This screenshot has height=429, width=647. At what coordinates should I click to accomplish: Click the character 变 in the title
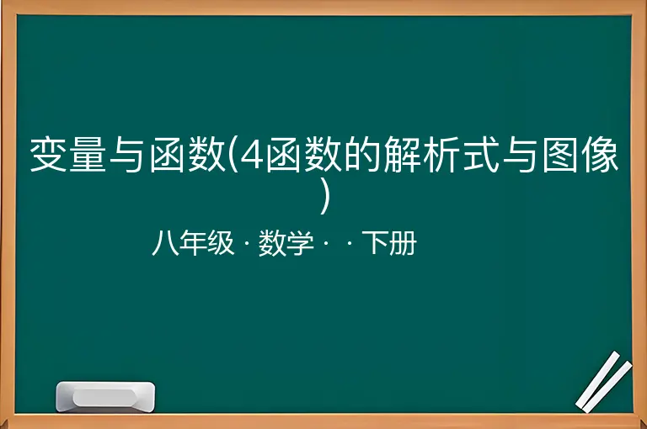pyautogui.click(x=49, y=155)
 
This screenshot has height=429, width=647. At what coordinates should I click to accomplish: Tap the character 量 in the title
pyautogui.click(x=88, y=155)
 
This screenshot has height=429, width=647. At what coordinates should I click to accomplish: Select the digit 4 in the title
pyautogui.click(x=251, y=156)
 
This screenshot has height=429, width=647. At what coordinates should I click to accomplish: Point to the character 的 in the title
pyautogui.click(x=362, y=155)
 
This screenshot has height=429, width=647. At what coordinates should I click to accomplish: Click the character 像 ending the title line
pyautogui.click(x=600, y=155)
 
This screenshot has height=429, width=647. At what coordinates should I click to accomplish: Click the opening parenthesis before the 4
pyautogui.click(x=233, y=156)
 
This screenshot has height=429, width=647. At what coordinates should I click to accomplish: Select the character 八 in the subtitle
pyautogui.click(x=165, y=243)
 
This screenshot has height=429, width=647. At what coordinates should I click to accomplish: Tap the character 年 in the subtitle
pyautogui.click(x=193, y=243)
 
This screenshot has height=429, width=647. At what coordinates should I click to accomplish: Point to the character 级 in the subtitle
pyautogui.click(x=221, y=243)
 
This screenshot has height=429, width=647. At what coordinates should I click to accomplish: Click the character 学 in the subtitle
pyautogui.click(x=300, y=243)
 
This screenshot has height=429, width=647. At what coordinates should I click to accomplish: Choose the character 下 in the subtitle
pyautogui.click(x=375, y=243)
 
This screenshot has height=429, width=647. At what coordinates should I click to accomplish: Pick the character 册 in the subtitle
pyautogui.click(x=404, y=243)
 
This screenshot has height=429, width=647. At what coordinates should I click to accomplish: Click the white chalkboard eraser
pyautogui.click(x=105, y=396)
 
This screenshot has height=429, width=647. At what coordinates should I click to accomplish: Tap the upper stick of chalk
pyautogui.click(x=598, y=379)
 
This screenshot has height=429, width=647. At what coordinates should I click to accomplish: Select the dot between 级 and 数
pyautogui.click(x=247, y=244)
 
